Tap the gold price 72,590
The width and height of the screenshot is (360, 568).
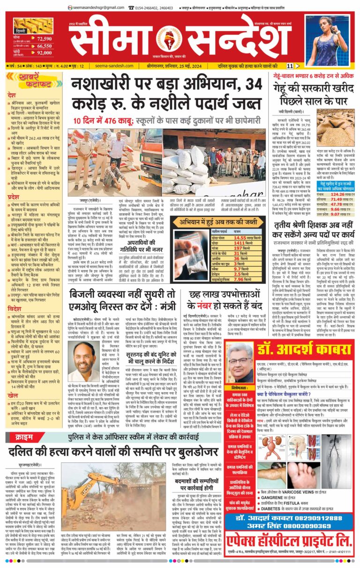pyautogui.click(x=44, y=39)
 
